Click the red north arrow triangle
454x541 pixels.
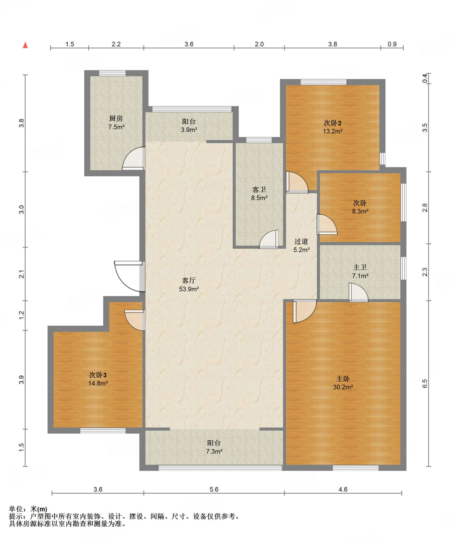[25, 45]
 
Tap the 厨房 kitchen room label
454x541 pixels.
[116, 118]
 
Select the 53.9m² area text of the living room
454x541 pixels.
[189, 289]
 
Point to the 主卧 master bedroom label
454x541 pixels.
[343, 379]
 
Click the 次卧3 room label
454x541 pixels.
[98, 375]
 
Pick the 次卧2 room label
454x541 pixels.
[333, 123]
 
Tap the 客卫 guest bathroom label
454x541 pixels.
[259, 189]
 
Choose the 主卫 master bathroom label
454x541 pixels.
[360, 267]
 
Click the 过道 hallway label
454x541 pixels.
[301, 241]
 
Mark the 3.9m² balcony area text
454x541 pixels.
[189, 130]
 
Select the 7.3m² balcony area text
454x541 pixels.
[214, 451]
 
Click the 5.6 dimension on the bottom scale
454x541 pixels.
[214, 489]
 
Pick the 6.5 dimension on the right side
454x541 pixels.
[425, 383]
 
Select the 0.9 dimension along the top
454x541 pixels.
[392, 44]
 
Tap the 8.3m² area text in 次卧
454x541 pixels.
[360, 211]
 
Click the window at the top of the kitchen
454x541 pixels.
[112, 73]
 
